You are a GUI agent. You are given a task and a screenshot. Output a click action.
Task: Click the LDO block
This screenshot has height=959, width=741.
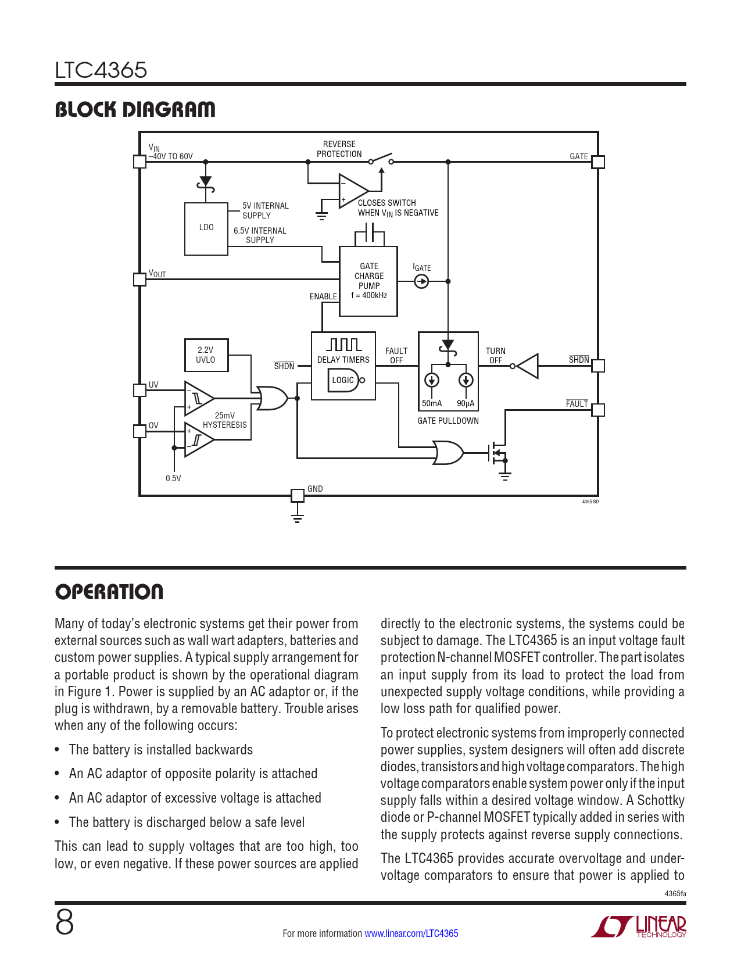click(x=206, y=228)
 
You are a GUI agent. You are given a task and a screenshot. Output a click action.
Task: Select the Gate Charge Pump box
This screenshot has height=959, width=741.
click(x=368, y=281)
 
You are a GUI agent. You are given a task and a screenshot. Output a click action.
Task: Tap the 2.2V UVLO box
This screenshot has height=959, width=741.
click(x=206, y=355)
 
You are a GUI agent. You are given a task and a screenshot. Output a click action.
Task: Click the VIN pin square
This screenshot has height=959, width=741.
click(x=139, y=162)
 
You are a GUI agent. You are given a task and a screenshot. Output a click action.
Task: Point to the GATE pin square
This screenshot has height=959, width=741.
click(x=598, y=162)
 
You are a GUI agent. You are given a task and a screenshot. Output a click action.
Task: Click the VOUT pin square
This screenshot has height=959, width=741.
click(x=139, y=280)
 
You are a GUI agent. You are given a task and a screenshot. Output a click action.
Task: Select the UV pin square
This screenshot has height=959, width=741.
click(x=139, y=390)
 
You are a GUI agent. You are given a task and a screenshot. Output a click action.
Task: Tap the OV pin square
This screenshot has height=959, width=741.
click(x=139, y=431)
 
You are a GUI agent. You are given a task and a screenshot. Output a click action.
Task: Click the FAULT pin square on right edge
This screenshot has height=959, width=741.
click(x=598, y=410)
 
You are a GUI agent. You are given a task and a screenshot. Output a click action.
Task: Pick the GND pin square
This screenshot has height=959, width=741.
click(x=297, y=495)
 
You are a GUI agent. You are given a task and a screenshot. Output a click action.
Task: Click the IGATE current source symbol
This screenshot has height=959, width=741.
click(x=421, y=281)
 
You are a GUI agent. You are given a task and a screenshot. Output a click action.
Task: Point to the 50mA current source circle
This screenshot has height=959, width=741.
click(x=431, y=380)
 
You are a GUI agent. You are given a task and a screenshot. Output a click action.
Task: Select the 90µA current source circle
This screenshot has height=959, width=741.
click(x=466, y=380)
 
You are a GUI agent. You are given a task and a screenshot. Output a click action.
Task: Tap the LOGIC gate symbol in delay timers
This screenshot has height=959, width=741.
click(x=344, y=380)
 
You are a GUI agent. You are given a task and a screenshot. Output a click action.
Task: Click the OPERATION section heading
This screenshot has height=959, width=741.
click(x=109, y=592)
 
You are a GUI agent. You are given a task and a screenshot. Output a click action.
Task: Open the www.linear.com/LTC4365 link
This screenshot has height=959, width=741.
click(x=411, y=933)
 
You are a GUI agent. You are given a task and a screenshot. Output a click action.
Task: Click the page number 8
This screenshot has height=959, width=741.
click(x=65, y=922)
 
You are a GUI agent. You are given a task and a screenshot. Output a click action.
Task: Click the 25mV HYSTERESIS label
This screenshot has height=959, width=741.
click(x=225, y=420)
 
